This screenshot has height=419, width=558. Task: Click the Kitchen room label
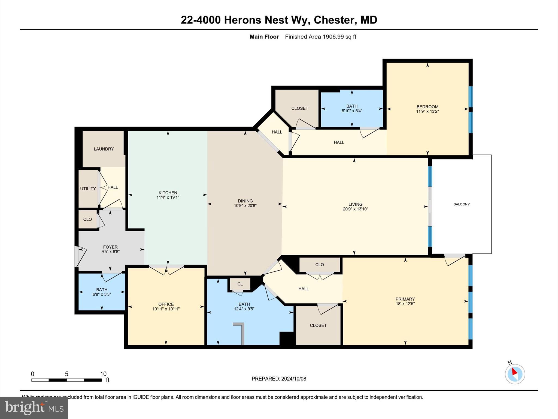[168, 193]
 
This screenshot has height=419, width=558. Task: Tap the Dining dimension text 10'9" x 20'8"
[245, 206]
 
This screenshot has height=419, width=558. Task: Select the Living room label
[355, 204]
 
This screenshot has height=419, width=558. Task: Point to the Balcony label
[461, 204]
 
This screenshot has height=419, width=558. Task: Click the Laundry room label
[104, 149]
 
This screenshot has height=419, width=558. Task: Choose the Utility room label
[88, 189]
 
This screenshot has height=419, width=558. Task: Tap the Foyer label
[110, 247]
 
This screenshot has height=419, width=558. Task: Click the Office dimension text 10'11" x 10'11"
[166, 309]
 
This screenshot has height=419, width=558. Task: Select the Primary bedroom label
[405, 299]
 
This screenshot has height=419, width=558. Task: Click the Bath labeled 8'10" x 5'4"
[352, 108]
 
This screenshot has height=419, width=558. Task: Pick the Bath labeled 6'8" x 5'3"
[102, 292]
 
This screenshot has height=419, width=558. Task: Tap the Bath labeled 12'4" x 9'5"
[244, 306]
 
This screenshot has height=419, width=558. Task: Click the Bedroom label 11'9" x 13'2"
[427, 109]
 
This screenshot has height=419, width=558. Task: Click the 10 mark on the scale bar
[103, 374]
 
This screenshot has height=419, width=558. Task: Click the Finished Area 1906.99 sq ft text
[320, 37]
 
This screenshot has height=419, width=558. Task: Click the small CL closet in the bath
[240, 284]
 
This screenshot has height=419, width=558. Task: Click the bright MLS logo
[34, 408]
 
